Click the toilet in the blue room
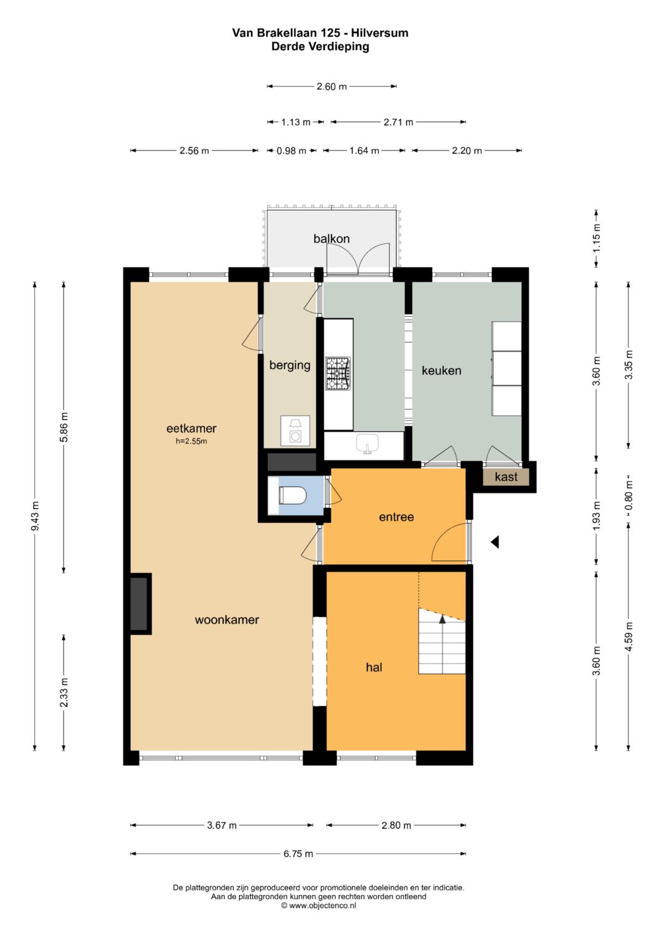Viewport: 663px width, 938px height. tap(293, 496)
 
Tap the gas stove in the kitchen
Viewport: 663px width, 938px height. tap(338, 373)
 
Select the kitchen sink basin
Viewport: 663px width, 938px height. tap(367, 444)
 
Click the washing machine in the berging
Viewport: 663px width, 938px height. tap(295, 431)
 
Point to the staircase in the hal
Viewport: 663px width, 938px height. tap(442, 641)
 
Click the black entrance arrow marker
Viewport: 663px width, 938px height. tap(495, 542)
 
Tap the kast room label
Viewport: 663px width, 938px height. tap(506, 477)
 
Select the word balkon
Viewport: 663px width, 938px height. tap(331, 239)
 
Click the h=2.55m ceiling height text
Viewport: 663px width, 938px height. tap(192, 441)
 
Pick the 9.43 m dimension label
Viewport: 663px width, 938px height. tap(35, 516)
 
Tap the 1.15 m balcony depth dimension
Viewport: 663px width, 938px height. tap(597, 238)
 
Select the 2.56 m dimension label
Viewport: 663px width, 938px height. tap(194, 150)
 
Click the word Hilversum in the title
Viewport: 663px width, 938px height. tap(379, 33)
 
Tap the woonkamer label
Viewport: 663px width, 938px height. tap(227, 620)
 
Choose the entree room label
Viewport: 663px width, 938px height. tap(397, 517)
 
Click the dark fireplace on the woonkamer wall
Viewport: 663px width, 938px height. tap(139, 603)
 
